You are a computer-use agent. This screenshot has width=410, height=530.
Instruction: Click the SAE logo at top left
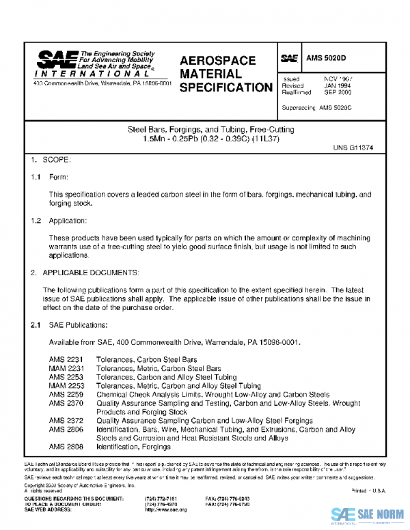tap(51, 59)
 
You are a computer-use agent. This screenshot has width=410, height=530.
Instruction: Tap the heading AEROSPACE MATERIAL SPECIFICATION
tap(225, 74)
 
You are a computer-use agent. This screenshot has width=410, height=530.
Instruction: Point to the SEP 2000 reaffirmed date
tap(338, 93)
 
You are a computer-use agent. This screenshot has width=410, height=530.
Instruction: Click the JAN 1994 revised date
tap(338, 86)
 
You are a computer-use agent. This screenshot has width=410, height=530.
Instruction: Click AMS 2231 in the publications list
tap(66, 359)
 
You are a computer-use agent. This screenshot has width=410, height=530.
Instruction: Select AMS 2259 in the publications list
tap(66, 395)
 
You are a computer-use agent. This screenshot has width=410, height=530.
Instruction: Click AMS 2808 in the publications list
tap(66, 447)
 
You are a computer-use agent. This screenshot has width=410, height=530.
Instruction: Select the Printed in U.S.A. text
tap(368, 491)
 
